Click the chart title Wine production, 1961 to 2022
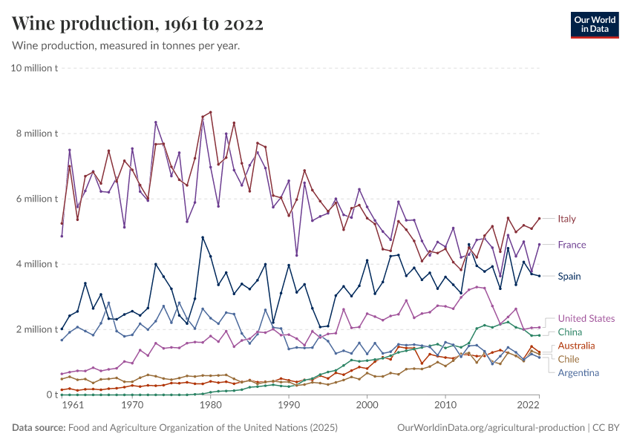137,24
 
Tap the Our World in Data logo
596,24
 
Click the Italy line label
566,219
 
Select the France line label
572,245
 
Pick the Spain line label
569,276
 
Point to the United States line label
586,318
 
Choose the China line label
570,332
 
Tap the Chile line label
569,359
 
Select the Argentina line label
578,372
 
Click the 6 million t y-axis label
36,199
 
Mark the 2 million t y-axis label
36,329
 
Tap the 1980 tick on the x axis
210,406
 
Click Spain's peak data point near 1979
203,237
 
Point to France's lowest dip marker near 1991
297,255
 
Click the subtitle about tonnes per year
125,46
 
